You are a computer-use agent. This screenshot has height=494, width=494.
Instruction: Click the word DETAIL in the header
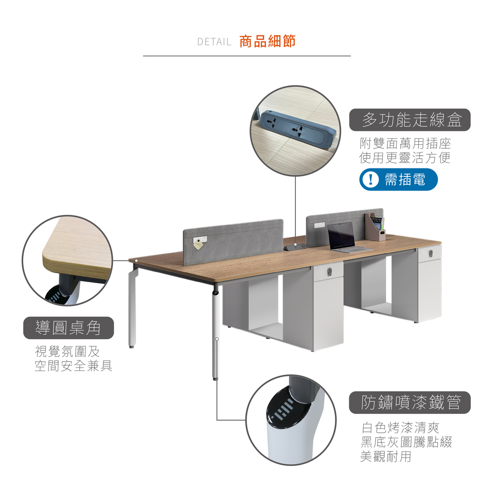point(214,42)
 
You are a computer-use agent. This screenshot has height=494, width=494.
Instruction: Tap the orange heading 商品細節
point(267,41)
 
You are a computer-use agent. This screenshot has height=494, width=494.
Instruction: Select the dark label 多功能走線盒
point(410,120)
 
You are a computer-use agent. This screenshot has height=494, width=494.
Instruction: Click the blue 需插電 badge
point(398,179)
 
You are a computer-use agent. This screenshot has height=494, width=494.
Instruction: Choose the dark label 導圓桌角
point(69,328)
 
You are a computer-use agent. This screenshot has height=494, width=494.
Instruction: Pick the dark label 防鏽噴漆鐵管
point(410,403)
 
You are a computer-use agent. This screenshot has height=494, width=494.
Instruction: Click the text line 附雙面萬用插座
point(405,144)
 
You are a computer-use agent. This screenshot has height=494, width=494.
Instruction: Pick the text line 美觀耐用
point(385,456)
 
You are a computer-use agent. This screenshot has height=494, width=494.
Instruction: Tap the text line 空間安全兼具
point(73,366)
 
